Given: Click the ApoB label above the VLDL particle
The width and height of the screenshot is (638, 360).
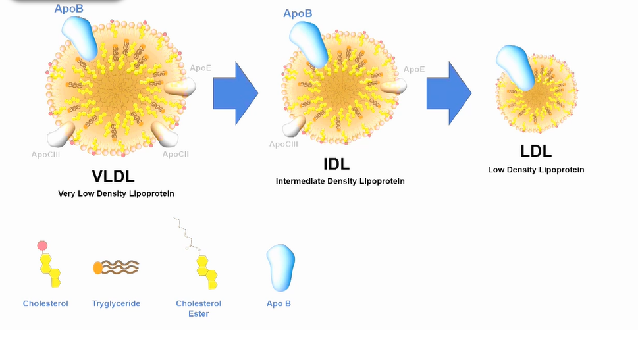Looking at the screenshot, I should click(x=68, y=9).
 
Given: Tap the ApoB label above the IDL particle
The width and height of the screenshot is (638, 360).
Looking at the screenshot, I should click(x=298, y=13).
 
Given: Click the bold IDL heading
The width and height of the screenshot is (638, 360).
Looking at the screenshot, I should click(x=336, y=163).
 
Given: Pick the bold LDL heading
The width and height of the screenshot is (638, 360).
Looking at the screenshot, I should click(x=535, y=151).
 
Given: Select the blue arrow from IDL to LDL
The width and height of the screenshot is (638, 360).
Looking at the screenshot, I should click(x=448, y=93).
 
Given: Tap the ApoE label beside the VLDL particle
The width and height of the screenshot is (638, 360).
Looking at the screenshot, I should click(x=200, y=68).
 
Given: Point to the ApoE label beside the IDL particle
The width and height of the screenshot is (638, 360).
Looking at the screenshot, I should click(x=414, y=69).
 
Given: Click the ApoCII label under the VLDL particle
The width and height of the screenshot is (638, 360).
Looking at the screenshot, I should click(x=176, y=154).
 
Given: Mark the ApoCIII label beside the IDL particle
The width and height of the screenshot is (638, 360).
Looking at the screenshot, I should click(x=283, y=144).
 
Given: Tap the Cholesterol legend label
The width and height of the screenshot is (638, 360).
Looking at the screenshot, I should click(x=45, y=303).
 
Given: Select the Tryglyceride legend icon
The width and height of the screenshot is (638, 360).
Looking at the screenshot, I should click(x=116, y=267).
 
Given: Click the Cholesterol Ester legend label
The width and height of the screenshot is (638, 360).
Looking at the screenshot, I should click(x=199, y=308).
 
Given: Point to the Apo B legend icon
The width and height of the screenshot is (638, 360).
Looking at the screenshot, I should click(x=280, y=268).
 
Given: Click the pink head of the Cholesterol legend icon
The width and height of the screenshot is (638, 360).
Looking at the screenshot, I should click(x=43, y=246).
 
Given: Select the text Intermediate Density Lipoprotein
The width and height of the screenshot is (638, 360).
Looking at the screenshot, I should click(x=340, y=181).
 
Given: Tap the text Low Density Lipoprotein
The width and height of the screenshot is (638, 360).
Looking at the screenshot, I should click(x=536, y=170).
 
